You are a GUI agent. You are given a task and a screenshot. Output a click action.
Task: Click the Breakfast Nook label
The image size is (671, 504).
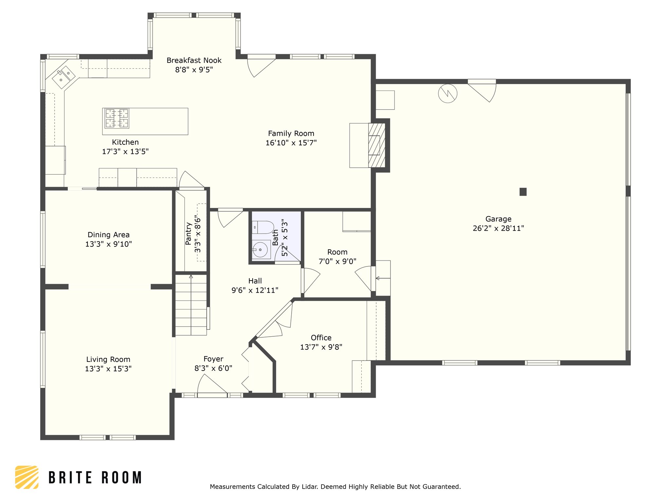click(x=194, y=60)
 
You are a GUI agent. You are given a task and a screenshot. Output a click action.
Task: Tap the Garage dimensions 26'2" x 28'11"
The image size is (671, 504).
click(x=498, y=228)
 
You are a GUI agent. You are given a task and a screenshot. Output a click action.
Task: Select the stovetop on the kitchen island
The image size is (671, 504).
click(x=117, y=118)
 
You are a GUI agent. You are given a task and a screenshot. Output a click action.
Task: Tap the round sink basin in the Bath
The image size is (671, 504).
click(x=260, y=249)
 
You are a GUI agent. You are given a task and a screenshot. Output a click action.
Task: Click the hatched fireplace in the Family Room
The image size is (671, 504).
click(x=376, y=145)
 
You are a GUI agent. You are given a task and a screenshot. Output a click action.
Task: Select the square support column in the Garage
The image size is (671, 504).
click(x=523, y=192)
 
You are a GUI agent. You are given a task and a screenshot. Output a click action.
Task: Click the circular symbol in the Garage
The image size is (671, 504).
click(x=448, y=94)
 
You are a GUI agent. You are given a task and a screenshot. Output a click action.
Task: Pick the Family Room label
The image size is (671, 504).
click(x=291, y=134)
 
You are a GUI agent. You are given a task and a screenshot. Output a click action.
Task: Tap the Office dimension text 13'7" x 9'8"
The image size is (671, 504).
click(x=321, y=347)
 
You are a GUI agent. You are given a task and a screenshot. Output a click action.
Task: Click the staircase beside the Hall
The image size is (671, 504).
click(x=191, y=305)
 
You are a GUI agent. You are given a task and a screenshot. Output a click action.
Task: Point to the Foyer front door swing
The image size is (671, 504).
click(x=212, y=384)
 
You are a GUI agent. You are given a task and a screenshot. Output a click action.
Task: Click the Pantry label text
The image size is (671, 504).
click(x=188, y=234)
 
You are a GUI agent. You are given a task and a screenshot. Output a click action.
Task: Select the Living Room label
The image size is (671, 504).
click(x=108, y=360)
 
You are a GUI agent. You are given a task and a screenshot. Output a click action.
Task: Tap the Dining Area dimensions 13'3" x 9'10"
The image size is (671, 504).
click(x=108, y=244)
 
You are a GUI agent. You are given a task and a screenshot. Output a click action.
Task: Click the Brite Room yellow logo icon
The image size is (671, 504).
click(x=27, y=477)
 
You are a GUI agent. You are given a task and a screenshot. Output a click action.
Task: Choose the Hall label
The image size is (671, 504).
click(x=255, y=281)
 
